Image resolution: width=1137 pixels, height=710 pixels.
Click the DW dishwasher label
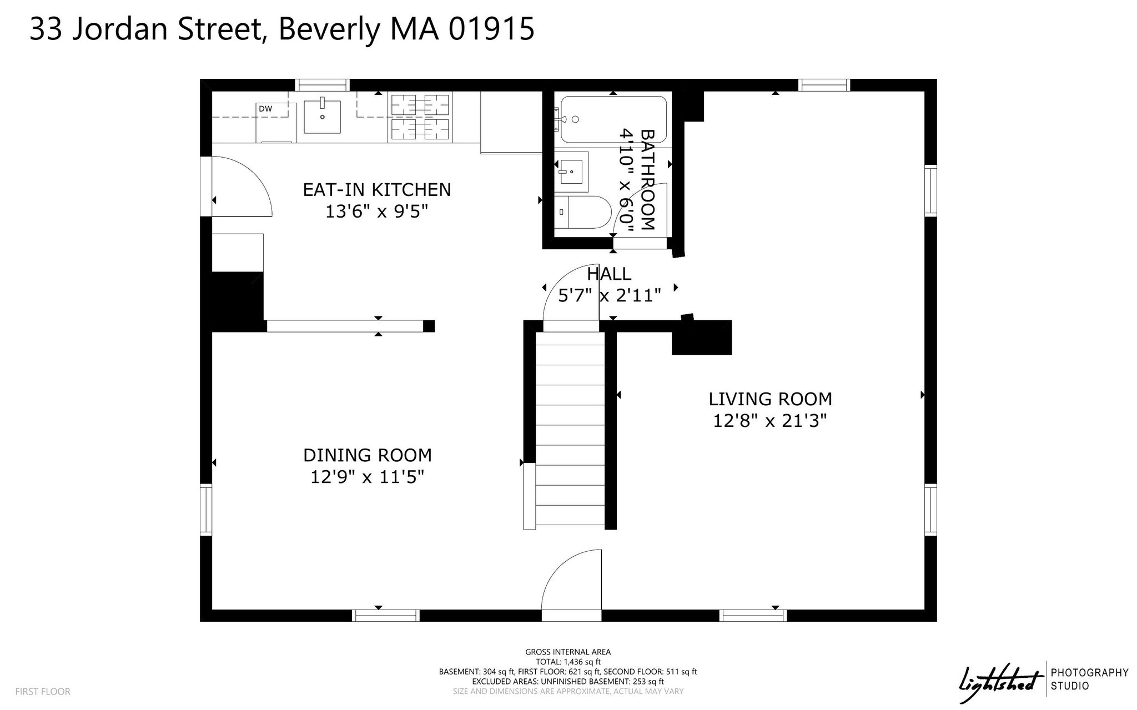coord(265,109)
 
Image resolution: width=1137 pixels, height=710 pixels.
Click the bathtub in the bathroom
coord(613,120)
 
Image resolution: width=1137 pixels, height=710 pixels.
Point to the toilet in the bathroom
coord(582,212)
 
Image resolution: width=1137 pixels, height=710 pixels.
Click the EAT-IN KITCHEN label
coord(377,190)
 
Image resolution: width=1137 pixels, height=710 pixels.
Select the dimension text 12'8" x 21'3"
coord(770,421)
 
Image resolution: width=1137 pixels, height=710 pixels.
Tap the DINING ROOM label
coord(368,455)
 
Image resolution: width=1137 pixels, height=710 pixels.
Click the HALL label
coord(609,274)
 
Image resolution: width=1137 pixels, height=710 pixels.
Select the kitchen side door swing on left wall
coord(241,186)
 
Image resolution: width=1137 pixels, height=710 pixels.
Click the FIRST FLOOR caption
coord(43,692)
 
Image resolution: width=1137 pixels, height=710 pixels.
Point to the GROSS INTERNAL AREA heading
coord(568,652)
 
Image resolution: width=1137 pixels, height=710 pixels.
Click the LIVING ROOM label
coord(770,399)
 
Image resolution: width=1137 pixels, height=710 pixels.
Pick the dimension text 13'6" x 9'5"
coord(377,212)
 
